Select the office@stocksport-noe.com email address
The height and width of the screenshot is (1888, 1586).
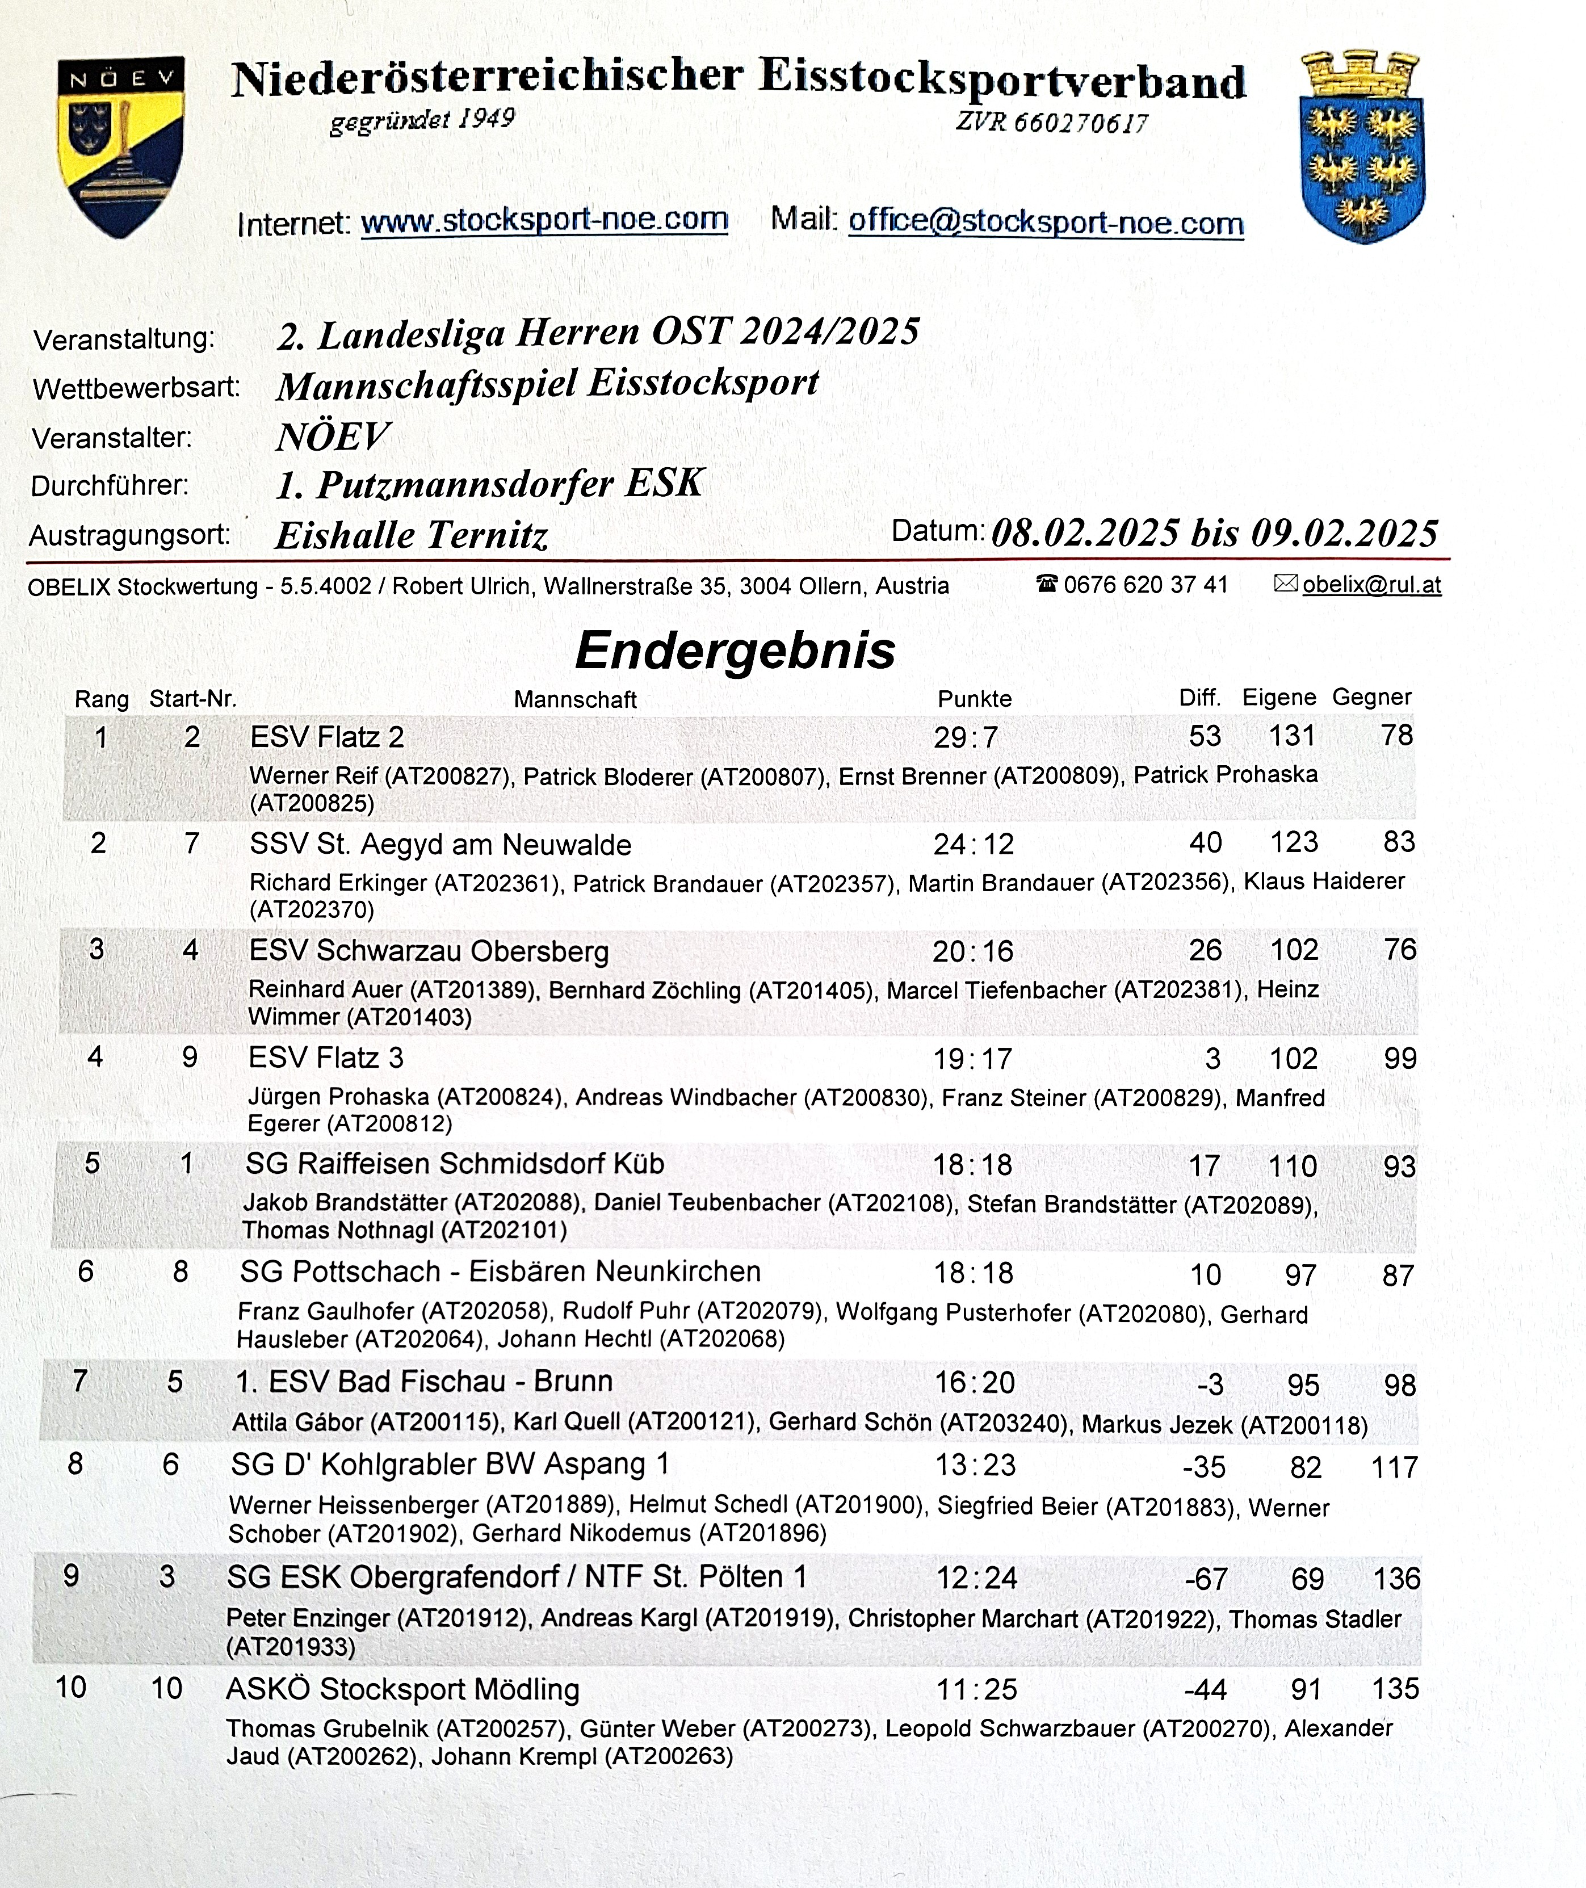coord(1046,222)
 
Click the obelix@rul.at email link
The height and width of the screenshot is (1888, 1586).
coord(1371,585)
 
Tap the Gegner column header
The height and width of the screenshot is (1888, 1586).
coord(1371,697)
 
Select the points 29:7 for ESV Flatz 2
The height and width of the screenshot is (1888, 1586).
coord(965,737)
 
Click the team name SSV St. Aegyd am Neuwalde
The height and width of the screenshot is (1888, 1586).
coord(440,844)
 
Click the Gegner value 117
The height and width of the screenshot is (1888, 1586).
coord(1394,1468)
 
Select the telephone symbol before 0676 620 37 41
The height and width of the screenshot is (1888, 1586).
coord(1047,584)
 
